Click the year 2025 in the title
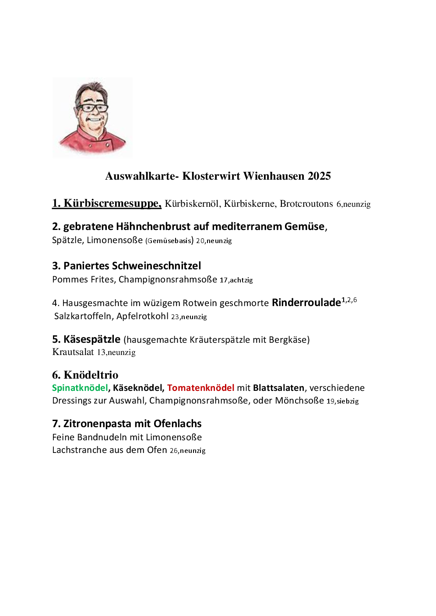(319, 176)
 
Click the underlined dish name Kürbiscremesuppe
(112, 204)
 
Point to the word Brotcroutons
(306, 204)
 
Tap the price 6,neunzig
(353, 204)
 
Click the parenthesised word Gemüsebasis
(169, 240)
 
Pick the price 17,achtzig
(236, 280)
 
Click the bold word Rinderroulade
(306, 303)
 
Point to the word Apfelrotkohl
(142, 316)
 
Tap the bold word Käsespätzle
(91, 339)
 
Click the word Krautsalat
(73, 352)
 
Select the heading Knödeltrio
(91, 375)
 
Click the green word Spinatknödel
(80, 388)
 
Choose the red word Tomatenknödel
(200, 388)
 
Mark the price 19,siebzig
(342, 401)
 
